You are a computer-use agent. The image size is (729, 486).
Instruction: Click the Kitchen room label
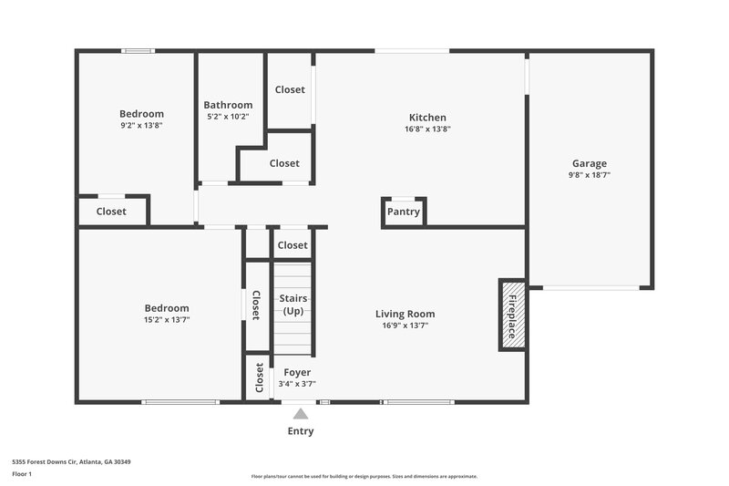pos(427,118)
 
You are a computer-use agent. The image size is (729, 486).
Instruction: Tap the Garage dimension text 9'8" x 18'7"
pos(589,174)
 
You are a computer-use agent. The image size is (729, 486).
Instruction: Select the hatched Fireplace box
pos(511,315)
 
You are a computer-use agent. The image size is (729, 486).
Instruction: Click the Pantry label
pos(403,212)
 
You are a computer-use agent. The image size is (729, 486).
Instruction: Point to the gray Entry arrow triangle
pos(301,414)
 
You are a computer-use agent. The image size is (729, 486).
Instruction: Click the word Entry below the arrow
pos(301,431)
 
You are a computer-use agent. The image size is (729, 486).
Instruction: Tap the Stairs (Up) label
pos(293,305)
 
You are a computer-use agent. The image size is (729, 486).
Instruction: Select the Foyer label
pos(297,373)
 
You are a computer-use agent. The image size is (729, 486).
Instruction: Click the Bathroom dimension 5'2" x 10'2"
pos(227,117)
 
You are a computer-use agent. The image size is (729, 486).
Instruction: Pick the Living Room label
pos(405,315)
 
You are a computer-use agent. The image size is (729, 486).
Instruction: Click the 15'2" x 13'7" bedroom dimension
pos(166,320)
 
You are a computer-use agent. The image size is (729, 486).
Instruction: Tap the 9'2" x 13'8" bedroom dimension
pos(141,125)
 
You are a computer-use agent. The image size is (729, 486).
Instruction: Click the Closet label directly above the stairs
pos(293,245)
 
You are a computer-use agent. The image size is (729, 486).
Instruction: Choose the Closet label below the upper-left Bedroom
pos(111,212)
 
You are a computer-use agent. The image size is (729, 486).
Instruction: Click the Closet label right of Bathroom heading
pos(290,90)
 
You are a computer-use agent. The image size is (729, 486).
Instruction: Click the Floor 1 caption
pos(23,474)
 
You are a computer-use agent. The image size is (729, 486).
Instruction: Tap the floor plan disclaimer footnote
pos(364,476)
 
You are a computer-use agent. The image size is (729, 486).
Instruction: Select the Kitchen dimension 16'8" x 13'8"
pos(427,129)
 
